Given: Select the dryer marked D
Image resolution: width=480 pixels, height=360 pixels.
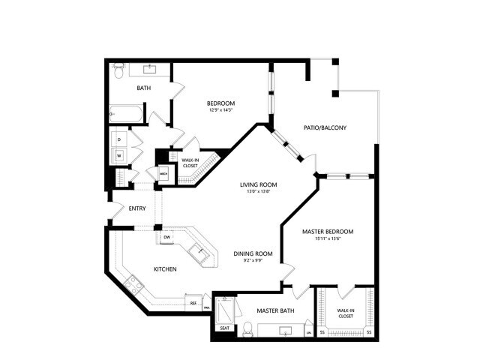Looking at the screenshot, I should click(118, 139).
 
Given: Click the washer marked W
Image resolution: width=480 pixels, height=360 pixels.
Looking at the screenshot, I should click(118, 156).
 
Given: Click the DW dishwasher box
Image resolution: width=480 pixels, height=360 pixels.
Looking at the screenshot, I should click(167, 238).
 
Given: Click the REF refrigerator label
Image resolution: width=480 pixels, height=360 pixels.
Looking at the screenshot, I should click(193, 303).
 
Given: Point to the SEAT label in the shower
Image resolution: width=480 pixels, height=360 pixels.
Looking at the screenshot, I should click(225, 328).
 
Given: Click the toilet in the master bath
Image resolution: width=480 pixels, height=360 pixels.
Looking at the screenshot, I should click(247, 328).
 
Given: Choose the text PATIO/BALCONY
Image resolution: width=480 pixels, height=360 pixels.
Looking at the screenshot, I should click(324, 127).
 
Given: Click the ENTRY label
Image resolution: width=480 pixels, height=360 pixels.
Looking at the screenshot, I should click(137, 209).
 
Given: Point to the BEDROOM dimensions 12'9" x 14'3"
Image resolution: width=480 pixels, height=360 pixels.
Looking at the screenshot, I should click(221, 110).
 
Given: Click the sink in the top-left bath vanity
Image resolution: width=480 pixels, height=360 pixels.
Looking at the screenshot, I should click(149, 69).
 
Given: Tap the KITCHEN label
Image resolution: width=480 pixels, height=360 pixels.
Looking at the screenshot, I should click(165, 269).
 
